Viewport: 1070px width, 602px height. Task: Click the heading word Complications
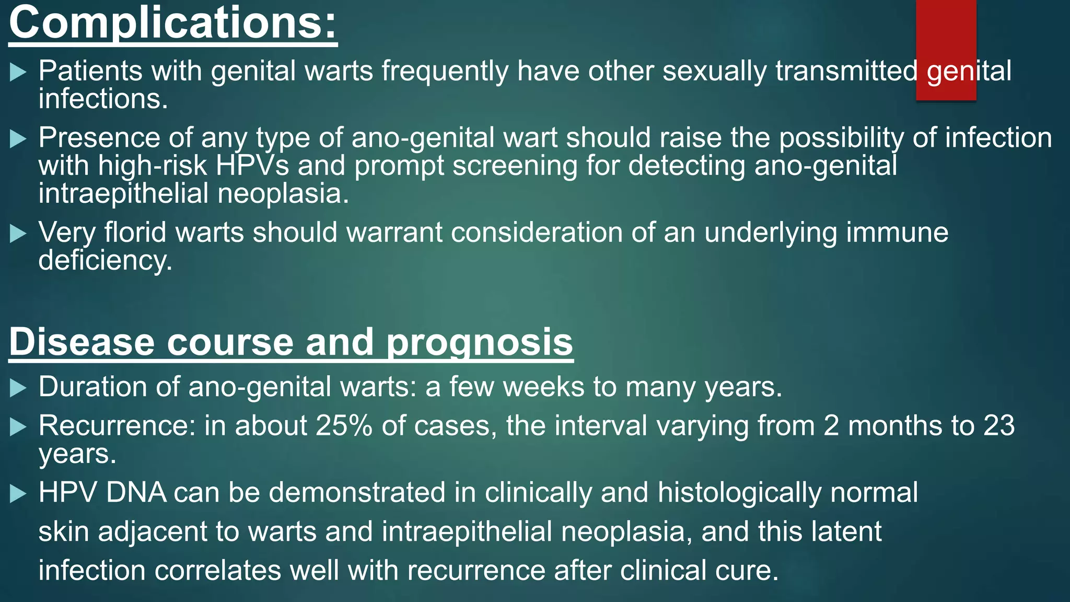coord(172,24)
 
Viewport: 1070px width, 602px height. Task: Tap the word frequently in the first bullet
coord(444,72)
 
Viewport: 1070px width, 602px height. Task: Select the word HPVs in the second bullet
coord(252,166)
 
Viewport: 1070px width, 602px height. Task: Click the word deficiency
coord(104,261)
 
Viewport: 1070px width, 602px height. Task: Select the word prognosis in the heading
coord(479,342)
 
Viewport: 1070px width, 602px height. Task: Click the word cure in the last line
coord(747,570)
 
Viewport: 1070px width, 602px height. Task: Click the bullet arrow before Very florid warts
coord(18,233)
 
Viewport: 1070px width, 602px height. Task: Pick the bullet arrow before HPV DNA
coord(18,493)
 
